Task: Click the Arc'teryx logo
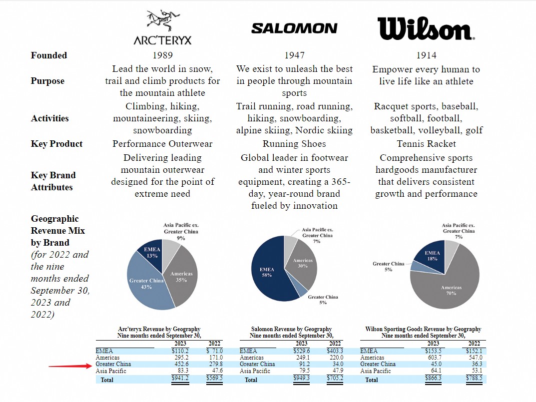(x=162, y=28)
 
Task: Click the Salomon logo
(x=294, y=28)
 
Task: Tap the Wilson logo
(x=426, y=28)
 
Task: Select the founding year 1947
(x=294, y=55)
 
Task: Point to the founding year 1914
(x=426, y=55)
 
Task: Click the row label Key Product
(x=56, y=144)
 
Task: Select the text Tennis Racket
(x=426, y=144)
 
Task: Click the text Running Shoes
(x=294, y=144)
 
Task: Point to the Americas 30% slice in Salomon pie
(x=303, y=263)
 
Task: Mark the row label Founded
(x=49, y=55)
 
